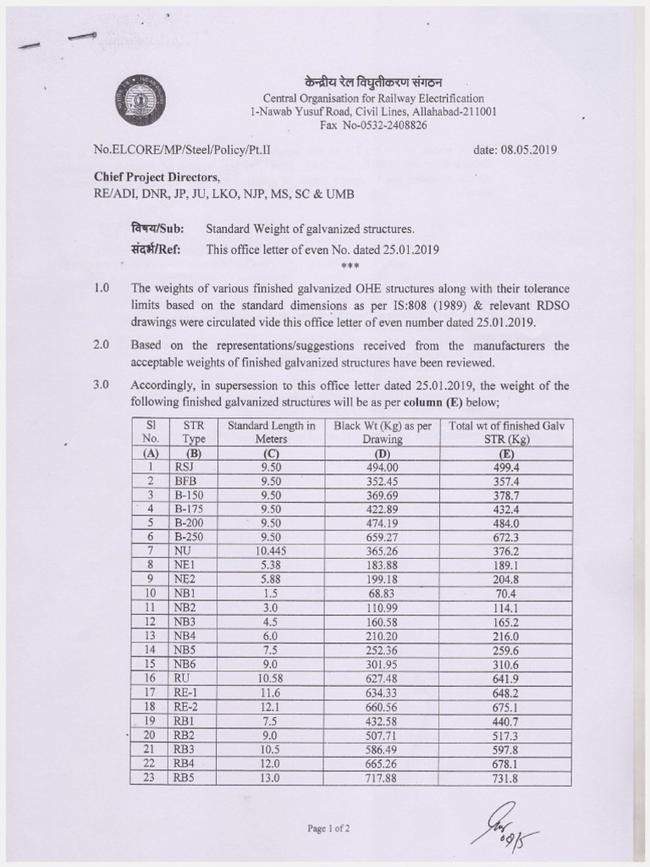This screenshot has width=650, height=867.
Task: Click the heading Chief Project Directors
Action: pos(156,176)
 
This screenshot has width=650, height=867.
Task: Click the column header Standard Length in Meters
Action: pos(271,433)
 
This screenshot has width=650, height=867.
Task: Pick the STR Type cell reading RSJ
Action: pos(183,467)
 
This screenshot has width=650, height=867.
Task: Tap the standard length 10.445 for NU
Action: pos(271,550)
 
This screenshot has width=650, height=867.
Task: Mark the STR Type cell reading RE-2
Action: pos(185,704)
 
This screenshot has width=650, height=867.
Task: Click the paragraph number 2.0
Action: pos(102,345)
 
